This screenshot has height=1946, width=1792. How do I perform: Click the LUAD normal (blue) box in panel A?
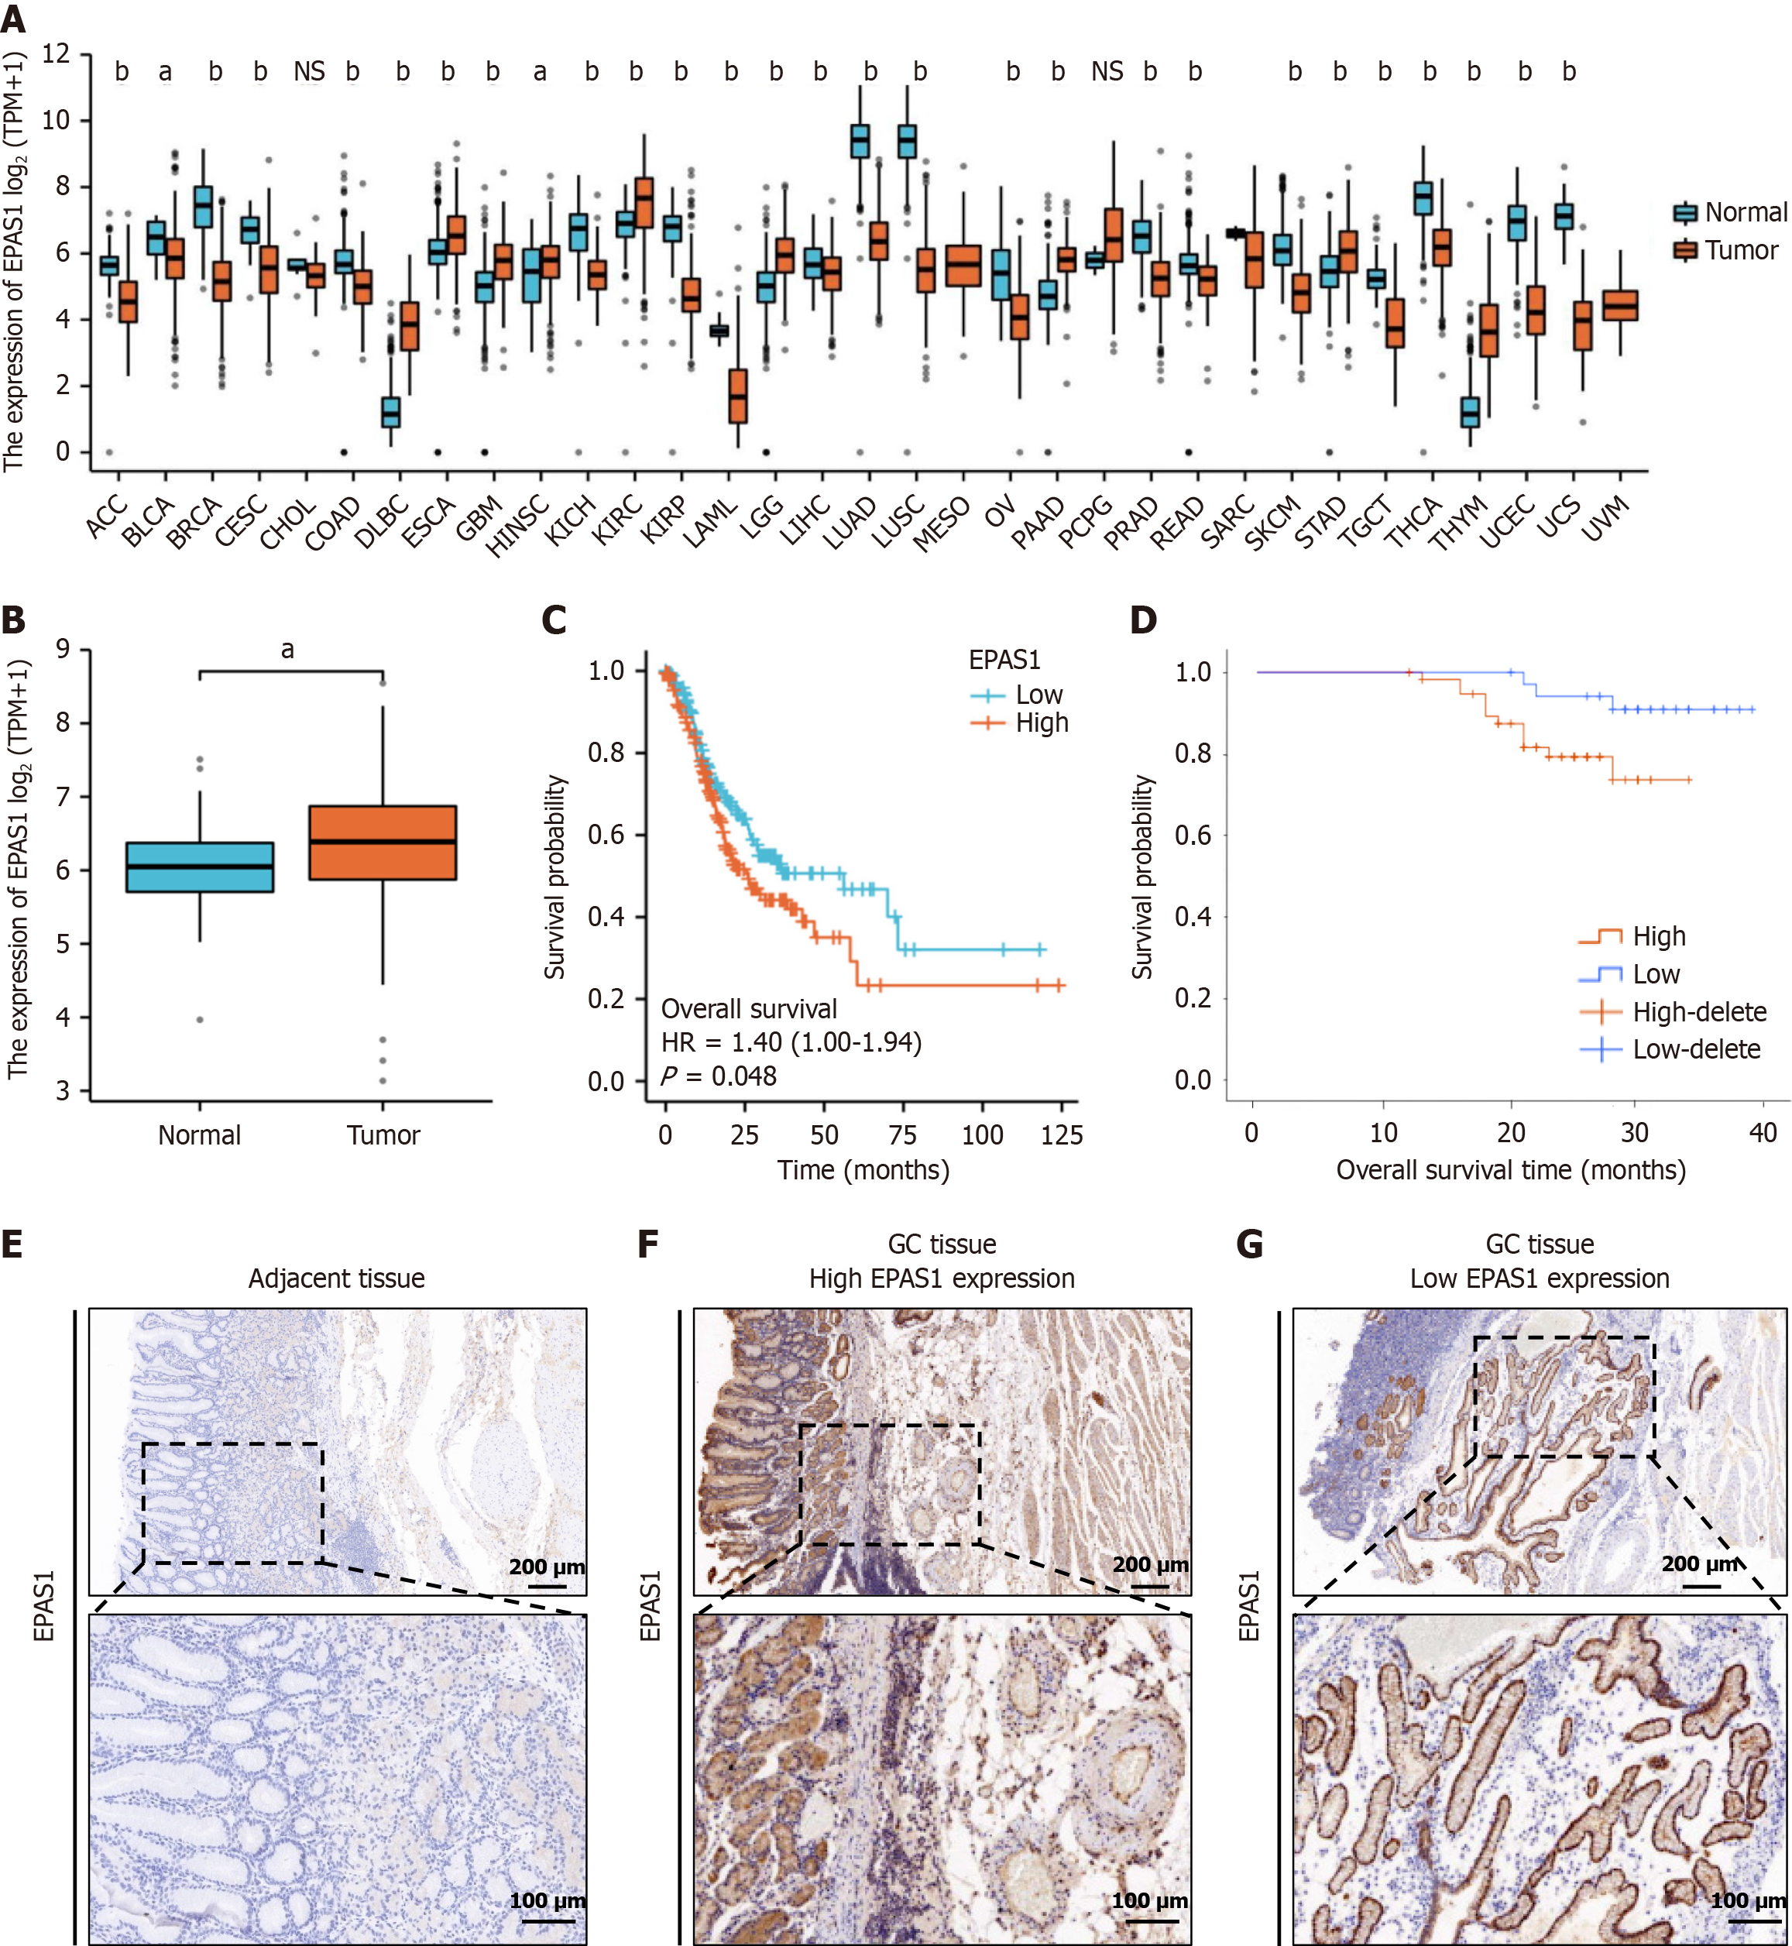(859, 142)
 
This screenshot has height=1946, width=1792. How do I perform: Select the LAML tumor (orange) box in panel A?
(738, 396)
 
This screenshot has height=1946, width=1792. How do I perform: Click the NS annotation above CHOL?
(309, 72)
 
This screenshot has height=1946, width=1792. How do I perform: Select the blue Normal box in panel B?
(200, 867)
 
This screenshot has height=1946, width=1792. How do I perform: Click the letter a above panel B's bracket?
(287, 650)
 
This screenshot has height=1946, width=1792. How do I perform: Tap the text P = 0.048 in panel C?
(719, 1076)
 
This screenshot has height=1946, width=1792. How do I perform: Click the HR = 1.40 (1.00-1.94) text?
(791, 1042)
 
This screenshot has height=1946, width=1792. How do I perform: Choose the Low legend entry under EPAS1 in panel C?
(1038, 695)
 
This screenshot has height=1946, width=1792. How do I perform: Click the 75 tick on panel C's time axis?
(903, 1134)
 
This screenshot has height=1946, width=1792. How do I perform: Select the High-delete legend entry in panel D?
(1698, 1012)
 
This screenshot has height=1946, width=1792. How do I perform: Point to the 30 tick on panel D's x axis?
(1634, 1132)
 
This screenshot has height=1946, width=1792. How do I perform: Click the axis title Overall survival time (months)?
(1511, 1170)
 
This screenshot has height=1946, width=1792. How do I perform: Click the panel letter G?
(1250, 1244)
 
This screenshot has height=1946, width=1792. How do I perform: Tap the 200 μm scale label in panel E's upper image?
(546, 1567)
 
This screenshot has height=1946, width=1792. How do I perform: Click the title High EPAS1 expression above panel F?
(942, 1279)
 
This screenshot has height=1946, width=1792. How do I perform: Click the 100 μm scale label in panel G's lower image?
(1747, 1900)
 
